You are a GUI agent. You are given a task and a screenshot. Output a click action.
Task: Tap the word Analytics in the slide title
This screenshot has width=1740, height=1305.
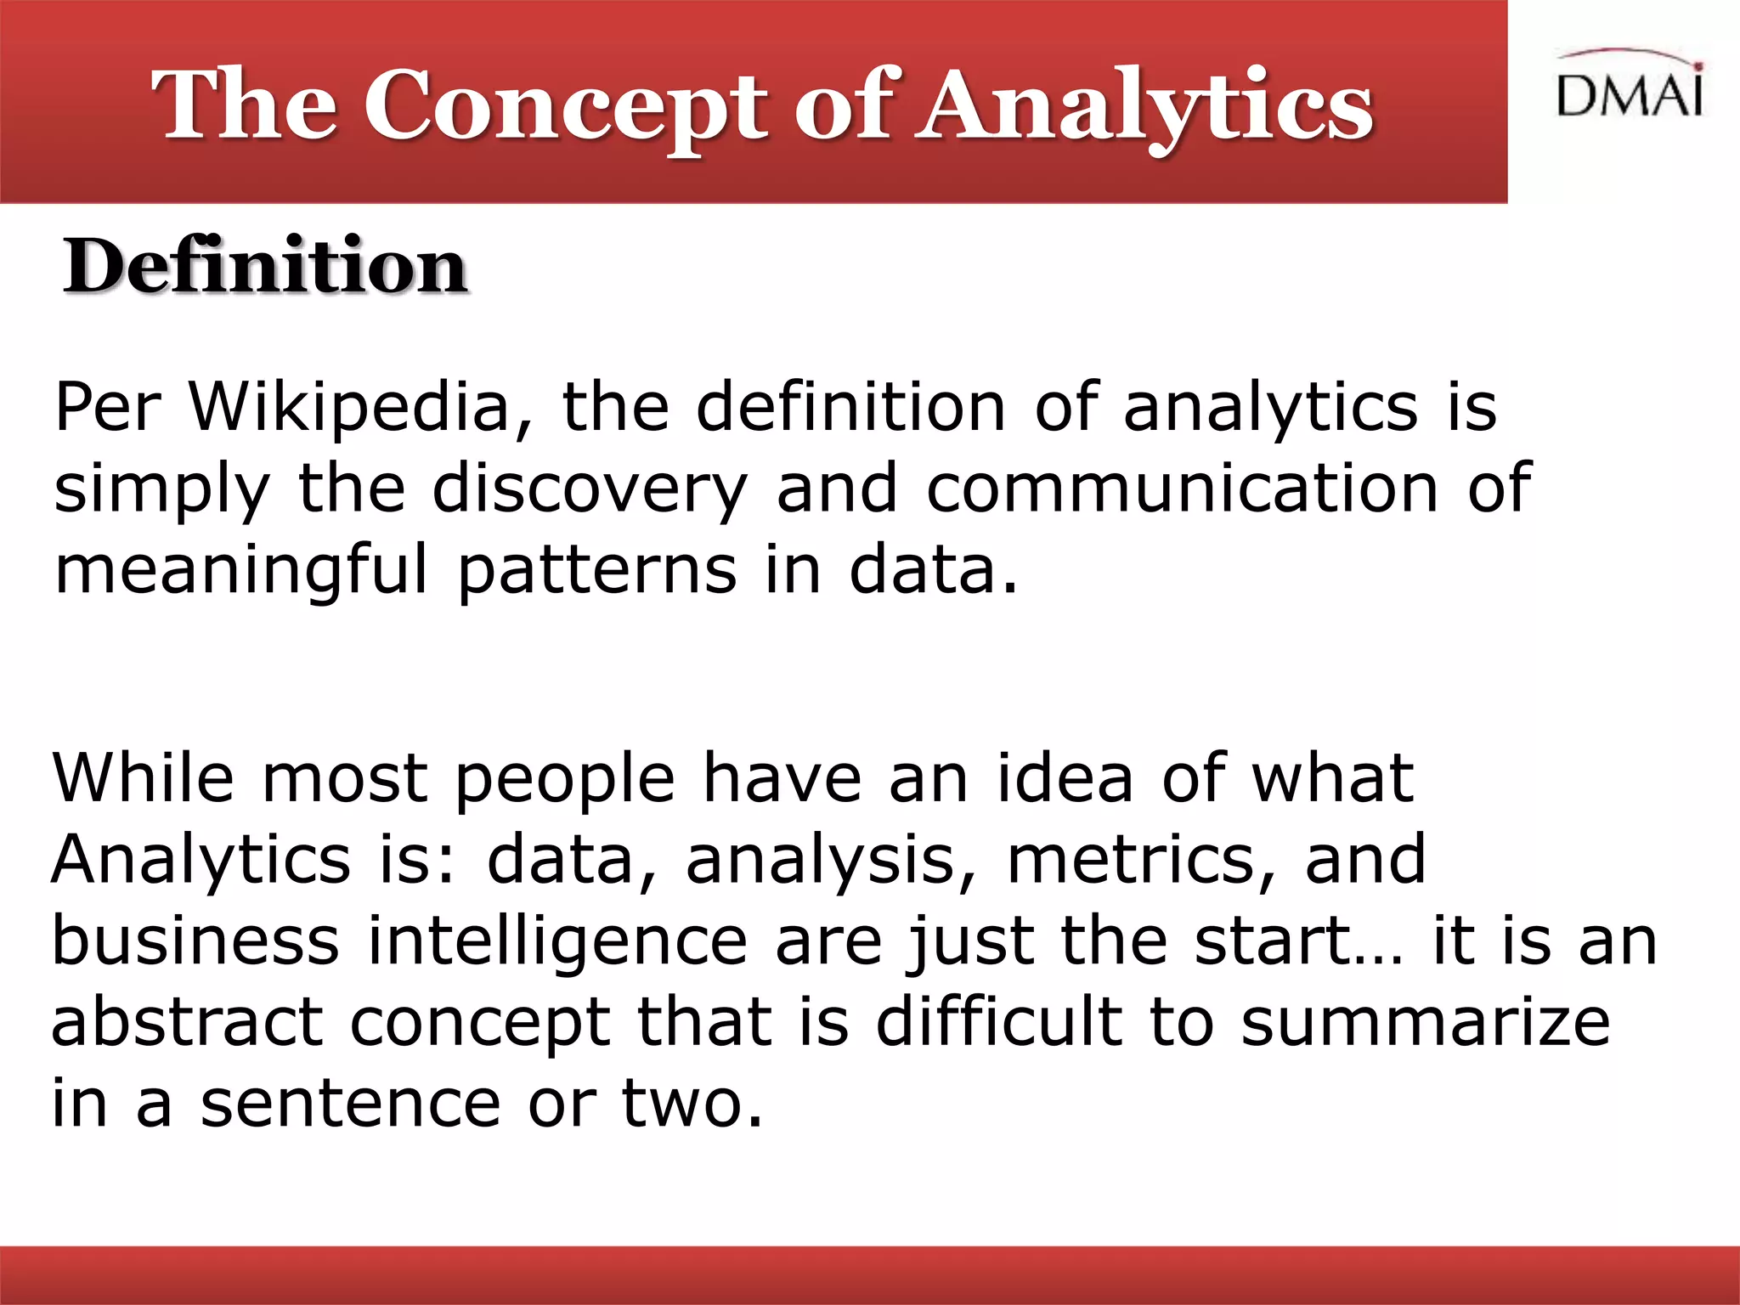(x=1144, y=107)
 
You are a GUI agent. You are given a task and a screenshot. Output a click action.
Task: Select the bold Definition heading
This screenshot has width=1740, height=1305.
(x=265, y=267)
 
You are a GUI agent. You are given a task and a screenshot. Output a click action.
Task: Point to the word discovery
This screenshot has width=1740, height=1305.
(x=590, y=489)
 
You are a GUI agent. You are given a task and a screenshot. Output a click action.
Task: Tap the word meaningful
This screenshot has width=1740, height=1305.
(x=241, y=571)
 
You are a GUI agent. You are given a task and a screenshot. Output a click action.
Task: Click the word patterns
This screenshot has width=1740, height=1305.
(x=596, y=571)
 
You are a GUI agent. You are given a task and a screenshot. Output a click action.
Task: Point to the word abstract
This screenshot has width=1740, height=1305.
(x=187, y=1022)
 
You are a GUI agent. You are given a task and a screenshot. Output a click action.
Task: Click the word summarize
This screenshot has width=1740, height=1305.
(x=1424, y=1022)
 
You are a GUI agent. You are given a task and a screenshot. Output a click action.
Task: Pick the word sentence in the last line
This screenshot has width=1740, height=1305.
(x=350, y=1104)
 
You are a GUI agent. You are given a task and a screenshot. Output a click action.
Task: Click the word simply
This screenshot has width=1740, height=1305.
(x=161, y=491)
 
